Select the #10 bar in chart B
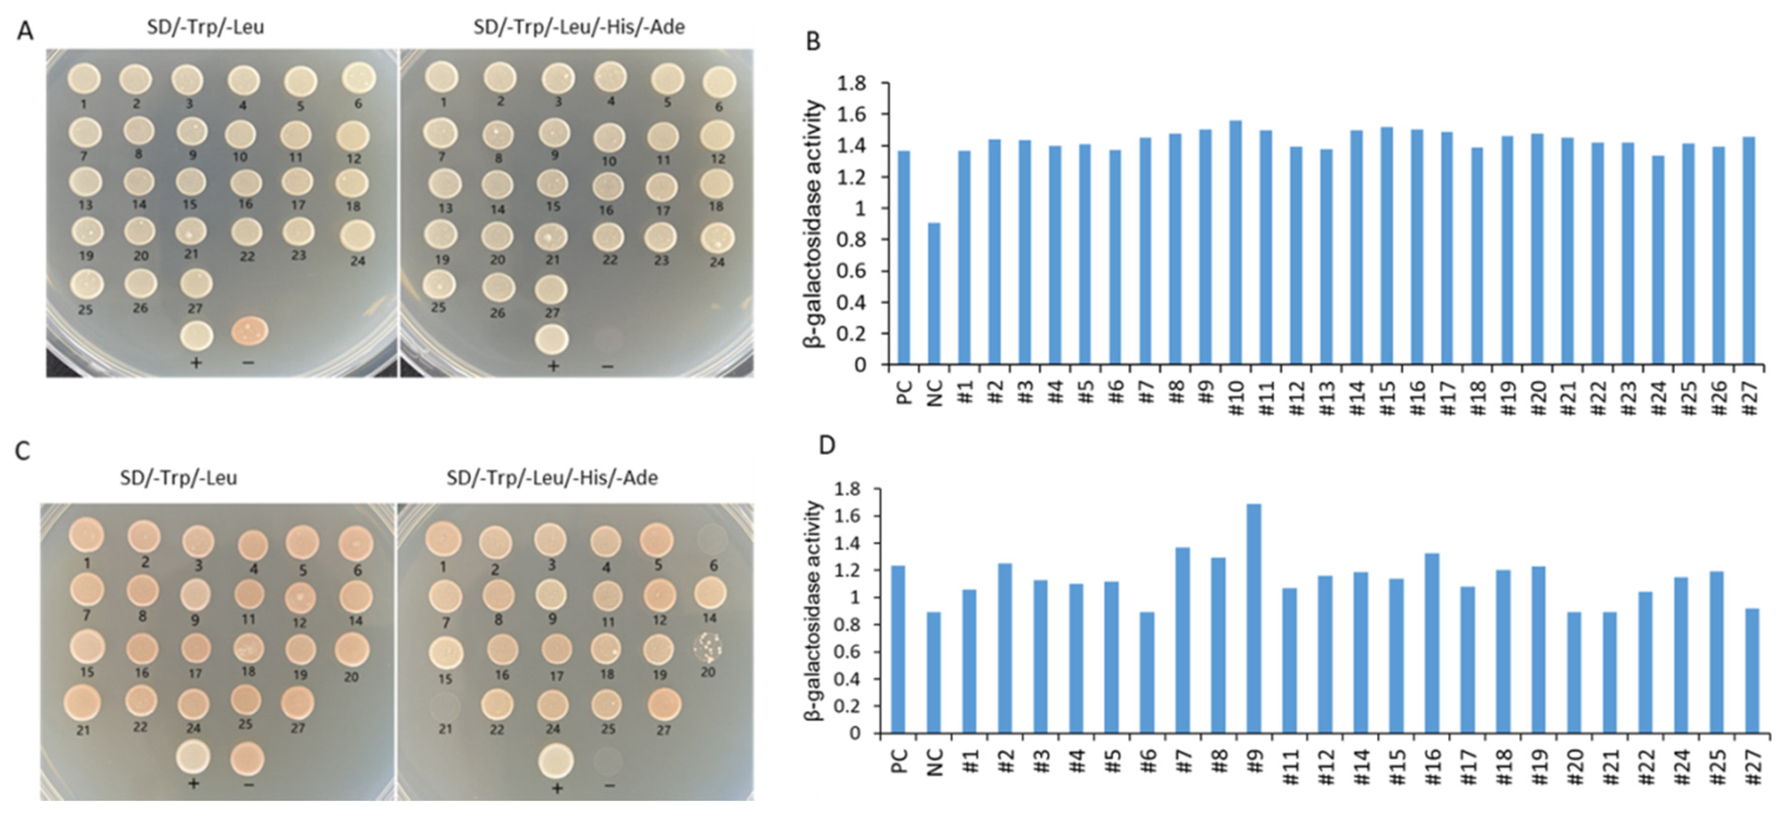click(1236, 242)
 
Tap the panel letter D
click(827, 445)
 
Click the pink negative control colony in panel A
click(249, 331)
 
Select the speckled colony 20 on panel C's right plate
click(708, 645)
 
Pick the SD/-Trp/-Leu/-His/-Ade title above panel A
click(578, 27)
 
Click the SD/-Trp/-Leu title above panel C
click(179, 478)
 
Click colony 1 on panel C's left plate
click(87, 536)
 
